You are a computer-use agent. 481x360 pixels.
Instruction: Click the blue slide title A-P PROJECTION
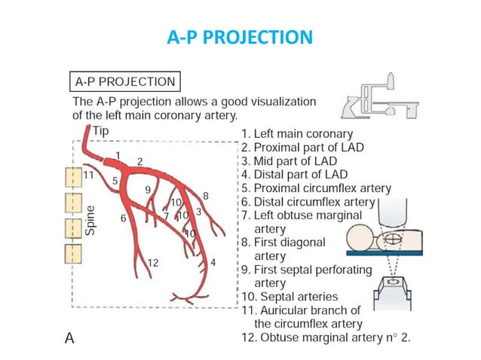240,36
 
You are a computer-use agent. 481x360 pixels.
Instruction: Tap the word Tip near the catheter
100,131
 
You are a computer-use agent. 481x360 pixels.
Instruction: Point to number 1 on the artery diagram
118,154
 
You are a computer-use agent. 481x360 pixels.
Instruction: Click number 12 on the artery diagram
152,262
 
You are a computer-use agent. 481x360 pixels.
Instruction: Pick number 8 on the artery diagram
205,196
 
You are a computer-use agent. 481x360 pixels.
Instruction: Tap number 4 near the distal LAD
213,262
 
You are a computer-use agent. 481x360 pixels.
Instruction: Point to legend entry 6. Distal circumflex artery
308,202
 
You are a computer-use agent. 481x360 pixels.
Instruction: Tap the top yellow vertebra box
72,178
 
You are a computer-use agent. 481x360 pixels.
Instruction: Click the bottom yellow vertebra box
72,251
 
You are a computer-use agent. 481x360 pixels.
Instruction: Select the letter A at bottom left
69,338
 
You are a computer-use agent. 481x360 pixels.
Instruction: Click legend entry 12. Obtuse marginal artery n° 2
326,336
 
